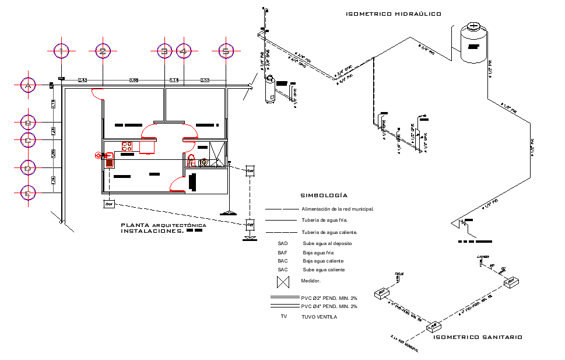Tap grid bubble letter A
27,86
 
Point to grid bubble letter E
27,193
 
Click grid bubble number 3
165,52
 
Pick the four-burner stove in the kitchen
127,146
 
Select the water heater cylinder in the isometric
269,89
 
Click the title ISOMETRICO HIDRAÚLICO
393,13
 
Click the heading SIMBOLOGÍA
324,195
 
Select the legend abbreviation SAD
283,243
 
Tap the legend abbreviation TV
283,316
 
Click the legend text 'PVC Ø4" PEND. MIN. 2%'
329,306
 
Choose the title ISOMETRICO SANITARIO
478,337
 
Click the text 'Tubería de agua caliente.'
330,232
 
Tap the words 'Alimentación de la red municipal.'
337,209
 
